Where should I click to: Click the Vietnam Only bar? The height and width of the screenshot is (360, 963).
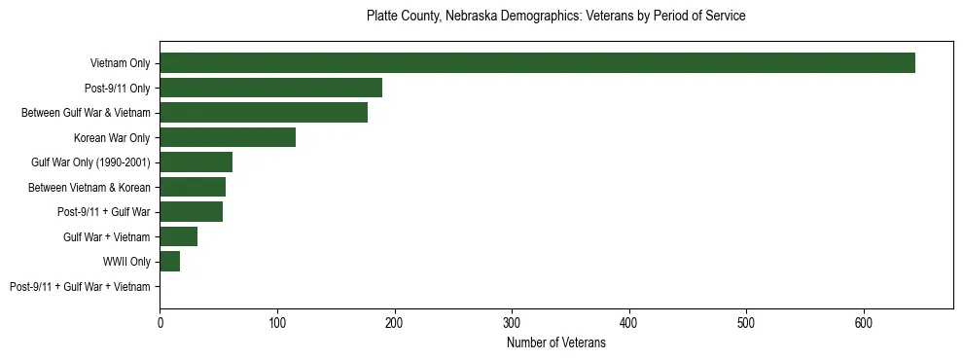[537, 63]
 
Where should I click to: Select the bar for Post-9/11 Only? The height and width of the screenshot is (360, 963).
[270, 88]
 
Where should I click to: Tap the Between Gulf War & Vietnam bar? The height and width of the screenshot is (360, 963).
[264, 113]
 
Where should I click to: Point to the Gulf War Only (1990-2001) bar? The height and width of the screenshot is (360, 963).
[196, 162]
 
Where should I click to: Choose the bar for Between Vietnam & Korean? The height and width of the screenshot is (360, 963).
[193, 188]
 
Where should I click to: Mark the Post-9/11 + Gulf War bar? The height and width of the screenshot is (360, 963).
[191, 212]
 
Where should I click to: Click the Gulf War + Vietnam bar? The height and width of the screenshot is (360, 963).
[178, 237]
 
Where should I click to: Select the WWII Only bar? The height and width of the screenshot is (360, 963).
[169, 262]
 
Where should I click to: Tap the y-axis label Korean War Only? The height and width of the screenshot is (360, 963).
[112, 138]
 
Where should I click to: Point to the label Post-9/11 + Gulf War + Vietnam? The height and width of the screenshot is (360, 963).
[80, 287]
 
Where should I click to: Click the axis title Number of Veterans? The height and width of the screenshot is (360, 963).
[555, 342]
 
